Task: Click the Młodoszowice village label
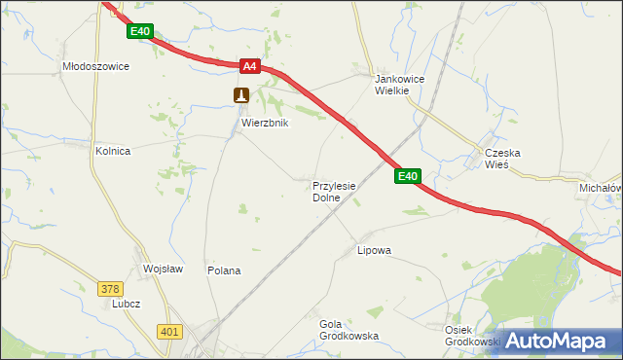[x=95, y=67]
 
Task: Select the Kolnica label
[x=112, y=152]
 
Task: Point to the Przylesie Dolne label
[x=334, y=191]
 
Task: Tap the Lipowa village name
[x=374, y=250]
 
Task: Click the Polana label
[x=224, y=270]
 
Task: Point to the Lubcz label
[x=127, y=304]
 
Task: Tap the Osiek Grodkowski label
[x=471, y=336]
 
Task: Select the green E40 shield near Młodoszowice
[x=140, y=32]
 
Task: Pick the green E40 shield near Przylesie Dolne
[x=407, y=176]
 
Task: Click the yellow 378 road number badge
[x=110, y=288]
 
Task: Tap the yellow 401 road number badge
[x=169, y=332]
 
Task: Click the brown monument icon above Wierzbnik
[x=241, y=94]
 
